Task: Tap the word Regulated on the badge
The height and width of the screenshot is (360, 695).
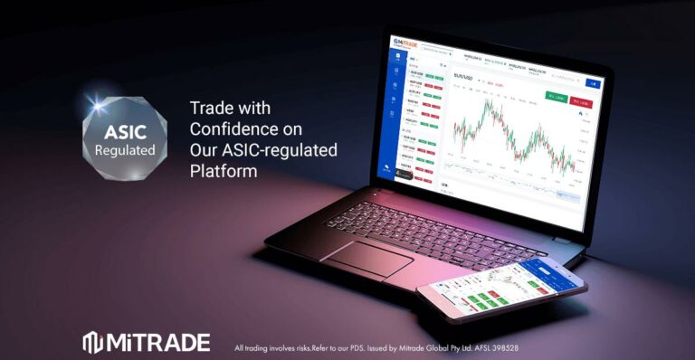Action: coord(126,149)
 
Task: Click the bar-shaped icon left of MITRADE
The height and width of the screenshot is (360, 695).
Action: coord(93,342)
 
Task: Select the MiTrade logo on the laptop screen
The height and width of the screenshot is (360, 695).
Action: coord(405,43)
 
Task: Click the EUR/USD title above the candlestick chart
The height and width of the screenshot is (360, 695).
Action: coord(462,79)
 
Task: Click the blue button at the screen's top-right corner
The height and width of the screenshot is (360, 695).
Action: coord(594,83)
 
